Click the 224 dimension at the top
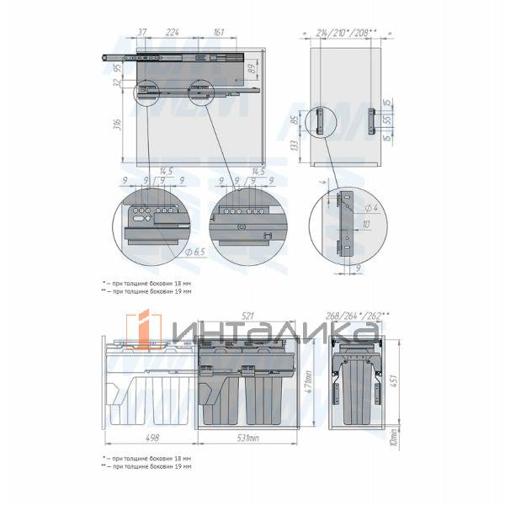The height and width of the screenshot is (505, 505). point(173,32)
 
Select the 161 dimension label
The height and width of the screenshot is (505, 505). point(218,32)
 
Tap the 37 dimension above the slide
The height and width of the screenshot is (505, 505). point(141,32)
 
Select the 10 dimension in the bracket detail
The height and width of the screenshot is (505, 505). point(368,225)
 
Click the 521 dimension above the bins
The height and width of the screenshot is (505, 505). point(247,316)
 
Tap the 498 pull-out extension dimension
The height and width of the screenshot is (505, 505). point(151,439)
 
